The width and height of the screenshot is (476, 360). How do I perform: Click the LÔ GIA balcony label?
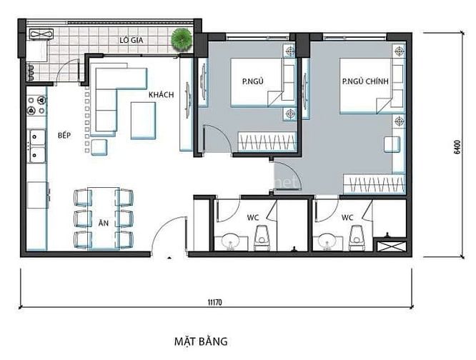pyautogui.click(x=131, y=40)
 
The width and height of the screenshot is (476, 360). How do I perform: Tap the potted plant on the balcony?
pyautogui.click(x=182, y=39)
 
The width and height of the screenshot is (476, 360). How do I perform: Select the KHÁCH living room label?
pyautogui.click(x=162, y=94)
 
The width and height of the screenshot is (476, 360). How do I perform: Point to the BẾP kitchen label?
pyautogui.click(x=64, y=135)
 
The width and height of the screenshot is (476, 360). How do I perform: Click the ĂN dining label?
pyautogui.click(x=104, y=223)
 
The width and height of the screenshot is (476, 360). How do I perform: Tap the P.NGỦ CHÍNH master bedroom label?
pyautogui.click(x=365, y=81)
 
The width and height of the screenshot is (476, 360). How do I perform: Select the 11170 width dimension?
pyautogui.click(x=214, y=302)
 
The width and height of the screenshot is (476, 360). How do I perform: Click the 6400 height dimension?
pyautogui.click(x=457, y=147)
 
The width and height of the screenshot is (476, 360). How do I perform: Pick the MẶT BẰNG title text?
pyautogui.click(x=201, y=341)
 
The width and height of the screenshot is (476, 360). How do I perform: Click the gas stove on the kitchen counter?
pyautogui.click(x=36, y=105)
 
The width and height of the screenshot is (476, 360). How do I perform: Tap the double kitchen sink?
pyautogui.click(x=36, y=146)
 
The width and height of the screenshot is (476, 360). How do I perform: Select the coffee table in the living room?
pyautogui.click(x=143, y=121)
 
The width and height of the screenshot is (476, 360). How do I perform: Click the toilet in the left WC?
pyautogui.click(x=262, y=238)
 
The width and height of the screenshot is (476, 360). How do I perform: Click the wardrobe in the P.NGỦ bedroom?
pyautogui.click(x=267, y=141)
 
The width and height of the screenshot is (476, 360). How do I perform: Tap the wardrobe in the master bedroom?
pyautogui.click(x=375, y=184)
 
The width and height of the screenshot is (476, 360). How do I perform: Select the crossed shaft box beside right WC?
pyautogui.click(x=391, y=246)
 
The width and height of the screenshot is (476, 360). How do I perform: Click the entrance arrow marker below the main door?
pyautogui.click(x=169, y=258)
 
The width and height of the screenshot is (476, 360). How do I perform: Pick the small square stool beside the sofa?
pyautogui.click(x=99, y=147)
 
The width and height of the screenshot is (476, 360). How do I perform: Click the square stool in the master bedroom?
pyautogui.click(x=392, y=144)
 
